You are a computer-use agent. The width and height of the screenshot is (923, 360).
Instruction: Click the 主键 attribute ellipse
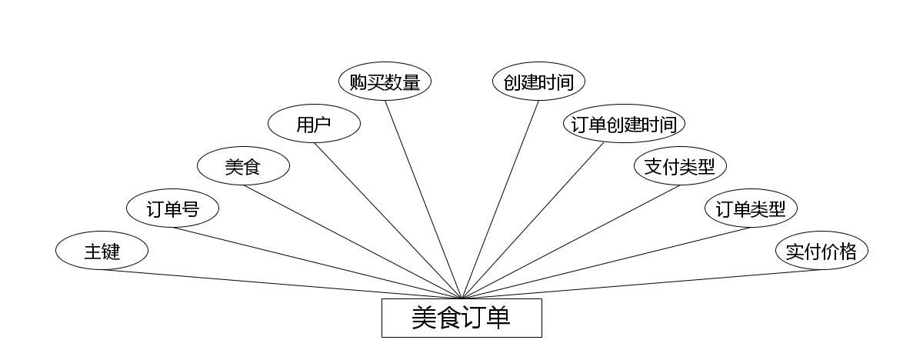(x=102, y=251)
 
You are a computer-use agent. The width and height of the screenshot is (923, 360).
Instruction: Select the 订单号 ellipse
(x=172, y=208)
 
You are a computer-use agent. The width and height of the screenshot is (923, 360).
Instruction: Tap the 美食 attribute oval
(x=243, y=166)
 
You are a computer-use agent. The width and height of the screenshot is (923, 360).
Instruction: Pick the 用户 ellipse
(x=314, y=124)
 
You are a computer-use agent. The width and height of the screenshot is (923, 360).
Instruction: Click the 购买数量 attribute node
(x=385, y=82)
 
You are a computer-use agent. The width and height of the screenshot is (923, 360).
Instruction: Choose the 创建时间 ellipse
(x=538, y=82)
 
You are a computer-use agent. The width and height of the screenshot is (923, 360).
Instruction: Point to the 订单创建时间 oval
(x=624, y=124)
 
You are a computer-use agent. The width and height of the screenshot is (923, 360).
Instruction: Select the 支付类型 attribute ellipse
(x=680, y=166)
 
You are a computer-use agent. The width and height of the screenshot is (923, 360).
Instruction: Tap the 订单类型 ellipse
(x=751, y=208)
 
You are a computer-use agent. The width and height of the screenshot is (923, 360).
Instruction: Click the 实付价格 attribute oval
(x=821, y=251)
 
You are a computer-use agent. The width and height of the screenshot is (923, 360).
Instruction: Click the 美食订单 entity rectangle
(x=461, y=318)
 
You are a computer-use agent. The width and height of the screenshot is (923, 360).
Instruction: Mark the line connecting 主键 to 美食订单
(x=282, y=284)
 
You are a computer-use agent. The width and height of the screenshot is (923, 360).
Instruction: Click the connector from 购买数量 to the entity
(x=423, y=199)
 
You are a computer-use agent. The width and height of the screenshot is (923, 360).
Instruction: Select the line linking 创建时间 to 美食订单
(x=500, y=199)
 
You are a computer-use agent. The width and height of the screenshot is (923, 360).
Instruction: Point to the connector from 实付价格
(x=641, y=284)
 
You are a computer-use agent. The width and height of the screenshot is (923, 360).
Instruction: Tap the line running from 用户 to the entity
(x=388, y=221)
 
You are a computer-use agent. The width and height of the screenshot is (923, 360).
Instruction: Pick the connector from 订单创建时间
(x=533, y=221)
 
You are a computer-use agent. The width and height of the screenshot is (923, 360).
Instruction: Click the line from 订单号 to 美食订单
(x=317, y=263)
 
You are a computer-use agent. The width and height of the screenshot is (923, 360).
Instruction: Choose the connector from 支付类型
(x=571, y=242)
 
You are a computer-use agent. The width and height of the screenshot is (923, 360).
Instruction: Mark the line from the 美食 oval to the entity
(x=352, y=242)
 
